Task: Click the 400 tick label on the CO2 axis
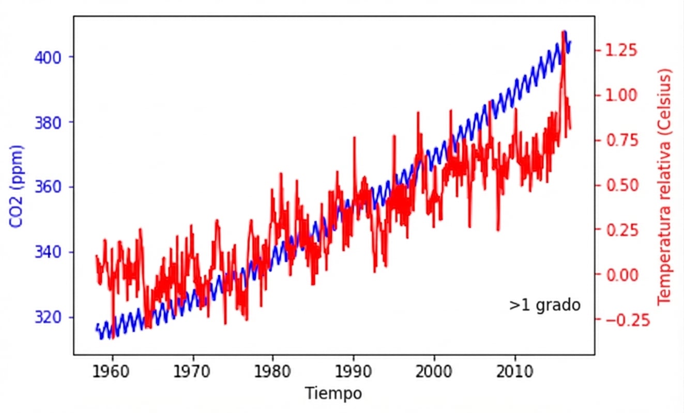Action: pyautogui.click(x=48, y=57)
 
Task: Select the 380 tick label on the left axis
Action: pyautogui.click(x=48, y=122)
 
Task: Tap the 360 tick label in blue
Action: pyautogui.click(x=48, y=187)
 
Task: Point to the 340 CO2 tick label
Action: pyautogui.click(x=48, y=252)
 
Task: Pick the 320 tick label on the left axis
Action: pyautogui.click(x=48, y=317)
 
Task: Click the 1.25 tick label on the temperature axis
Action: pyautogui.click(x=619, y=51)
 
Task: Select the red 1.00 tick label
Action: pyautogui.click(x=619, y=96)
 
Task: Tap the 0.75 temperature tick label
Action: pyautogui.click(x=619, y=140)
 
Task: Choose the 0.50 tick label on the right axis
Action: pyautogui.click(x=619, y=185)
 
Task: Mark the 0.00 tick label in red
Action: pyautogui.click(x=619, y=275)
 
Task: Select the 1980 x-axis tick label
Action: pyautogui.click(x=273, y=371)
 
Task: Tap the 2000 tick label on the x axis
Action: pyautogui.click(x=434, y=371)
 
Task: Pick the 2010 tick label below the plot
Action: pyautogui.click(x=514, y=371)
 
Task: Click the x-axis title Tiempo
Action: pyautogui.click(x=333, y=393)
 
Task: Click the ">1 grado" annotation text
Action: pyautogui.click(x=544, y=305)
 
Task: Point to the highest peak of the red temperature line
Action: pyautogui.click(x=563, y=32)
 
